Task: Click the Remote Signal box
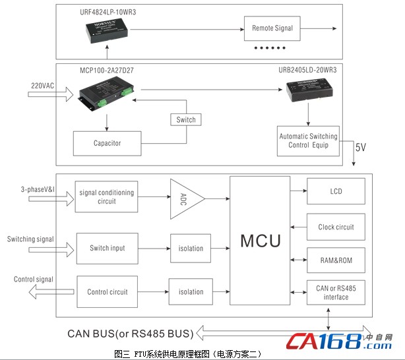[272, 28]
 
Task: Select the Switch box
[187, 120]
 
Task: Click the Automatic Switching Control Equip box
[308, 141]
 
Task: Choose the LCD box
[336, 192]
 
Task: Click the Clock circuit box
[336, 227]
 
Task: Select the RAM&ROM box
[336, 260]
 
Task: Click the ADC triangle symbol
[185, 196]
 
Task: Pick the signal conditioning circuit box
[106, 196]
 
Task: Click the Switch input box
[108, 249]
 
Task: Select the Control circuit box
[108, 291]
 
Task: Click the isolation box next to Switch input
[191, 249]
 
